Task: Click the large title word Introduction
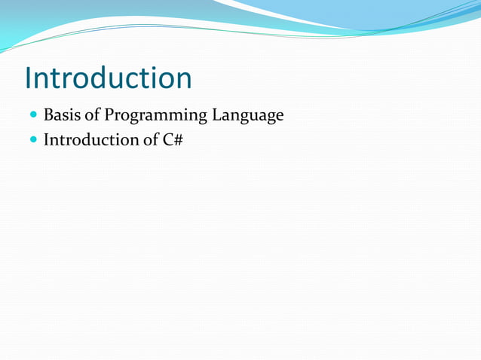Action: (x=108, y=78)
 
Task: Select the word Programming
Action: (x=155, y=116)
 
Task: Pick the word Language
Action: (x=247, y=116)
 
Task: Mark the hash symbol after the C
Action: (x=179, y=139)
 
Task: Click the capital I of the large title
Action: (x=29, y=78)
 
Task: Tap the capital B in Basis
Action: (x=48, y=115)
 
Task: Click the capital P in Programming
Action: (x=109, y=115)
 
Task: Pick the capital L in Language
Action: (x=216, y=115)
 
